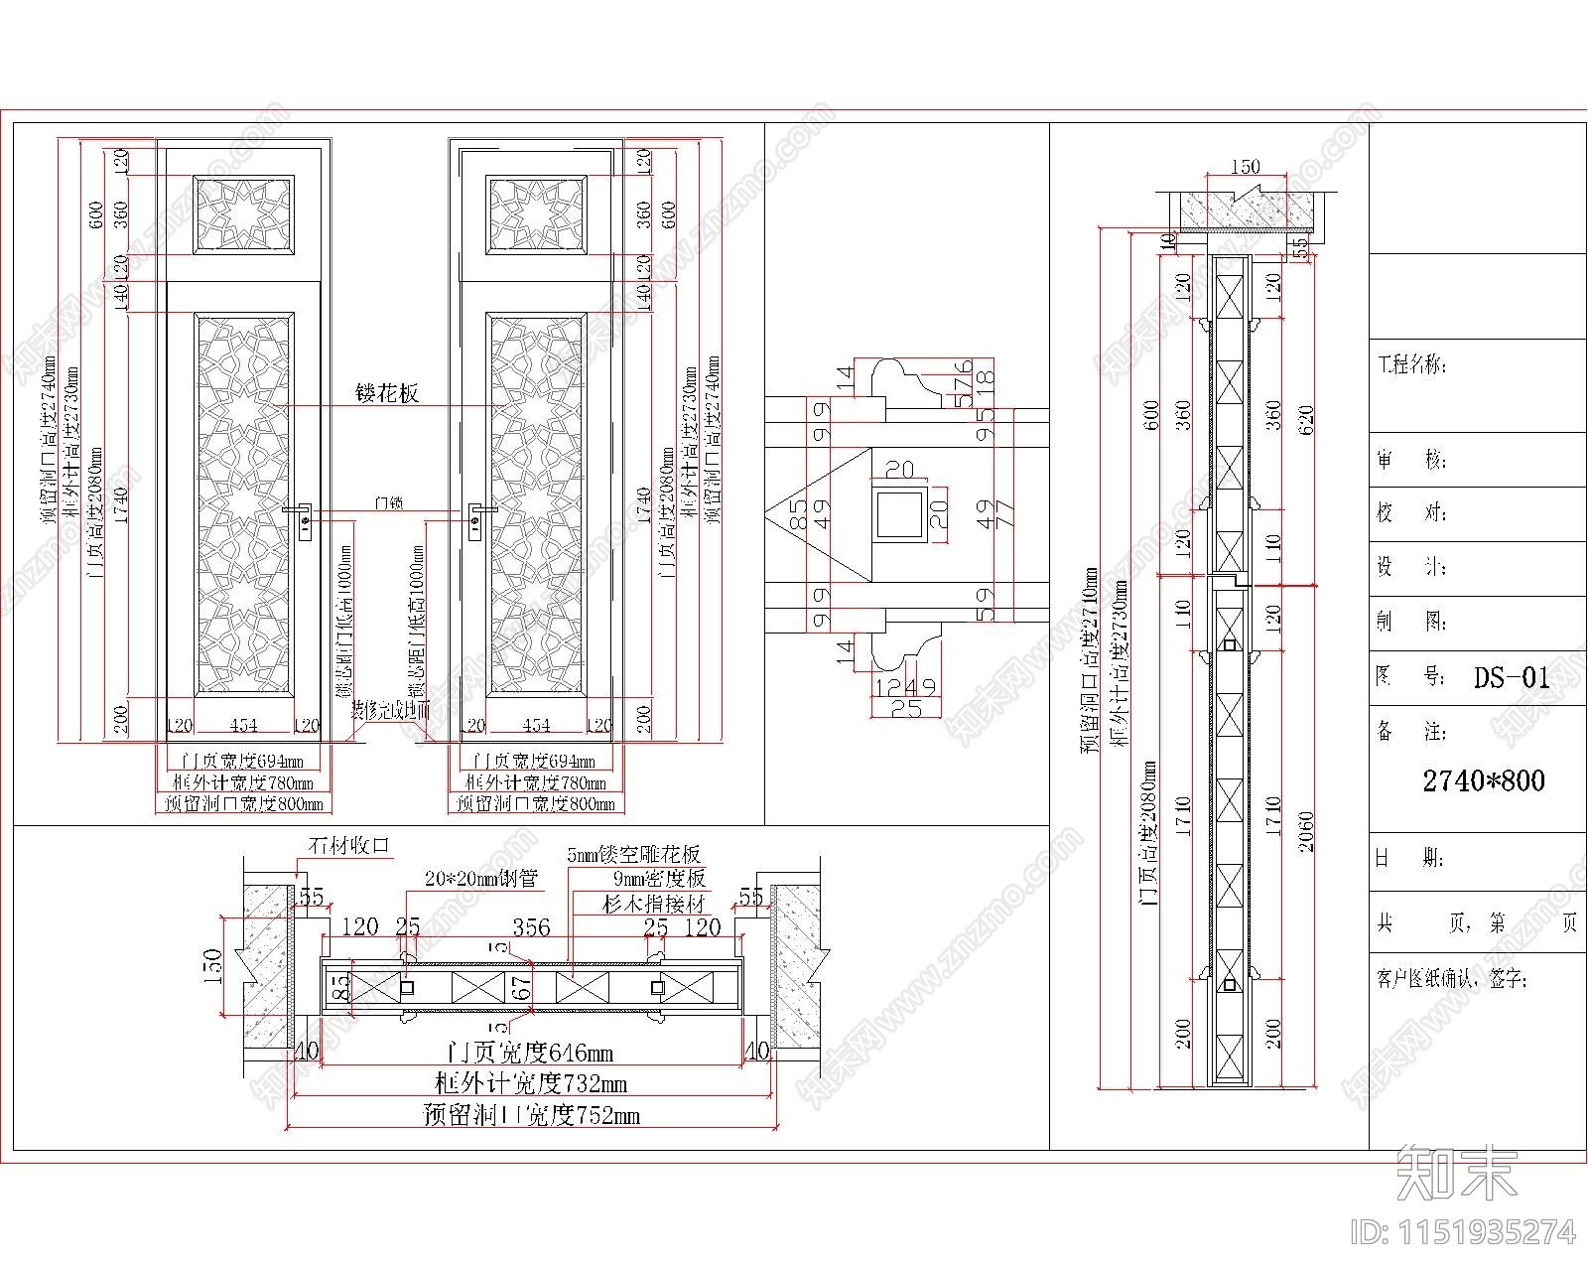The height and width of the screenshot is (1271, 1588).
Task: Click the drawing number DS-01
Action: pyautogui.click(x=1511, y=678)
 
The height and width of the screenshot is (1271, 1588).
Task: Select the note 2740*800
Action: pyautogui.click(x=1484, y=781)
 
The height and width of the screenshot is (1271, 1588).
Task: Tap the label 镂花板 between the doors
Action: pyautogui.click(x=387, y=393)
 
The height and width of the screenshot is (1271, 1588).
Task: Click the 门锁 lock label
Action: pyautogui.click(x=388, y=503)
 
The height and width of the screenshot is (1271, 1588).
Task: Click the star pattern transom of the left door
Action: pyautogui.click(x=243, y=215)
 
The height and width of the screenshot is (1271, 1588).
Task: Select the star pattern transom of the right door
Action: pyautogui.click(x=536, y=215)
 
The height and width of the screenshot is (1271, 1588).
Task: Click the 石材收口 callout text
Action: pyautogui.click(x=349, y=846)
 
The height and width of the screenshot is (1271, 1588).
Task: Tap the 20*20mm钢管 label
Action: pyautogui.click(x=480, y=879)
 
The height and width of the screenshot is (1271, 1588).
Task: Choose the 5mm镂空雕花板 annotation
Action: pyautogui.click(x=634, y=854)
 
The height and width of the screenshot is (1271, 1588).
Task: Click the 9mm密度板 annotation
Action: pyautogui.click(x=659, y=878)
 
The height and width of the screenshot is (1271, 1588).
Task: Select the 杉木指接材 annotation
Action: pyautogui.click(x=654, y=904)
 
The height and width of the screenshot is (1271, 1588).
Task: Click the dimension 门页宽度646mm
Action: pyautogui.click(x=530, y=1053)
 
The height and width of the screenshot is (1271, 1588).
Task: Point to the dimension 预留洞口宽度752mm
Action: pyautogui.click(x=531, y=1115)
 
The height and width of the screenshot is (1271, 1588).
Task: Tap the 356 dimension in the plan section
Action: pyautogui.click(x=531, y=927)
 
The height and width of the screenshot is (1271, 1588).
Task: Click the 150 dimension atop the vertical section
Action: pyautogui.click(x=1245, y=167)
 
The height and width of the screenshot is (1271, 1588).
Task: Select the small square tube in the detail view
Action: pyautogui.click(x=900, y=513)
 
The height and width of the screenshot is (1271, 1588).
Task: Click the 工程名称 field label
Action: pyautogui.click(x=1410, y=364)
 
